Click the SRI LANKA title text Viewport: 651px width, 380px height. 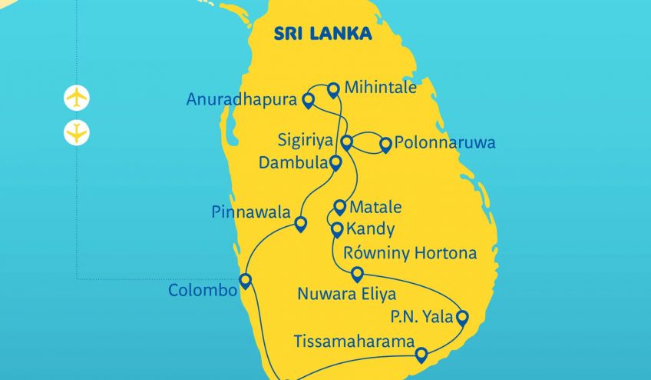tap(322, 34)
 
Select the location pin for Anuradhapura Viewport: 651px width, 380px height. tap(308, 100)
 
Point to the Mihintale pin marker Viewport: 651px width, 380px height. tap(333, 89)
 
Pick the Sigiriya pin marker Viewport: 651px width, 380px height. tap(346, 142)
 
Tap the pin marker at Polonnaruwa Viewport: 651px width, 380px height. tap(385, 144)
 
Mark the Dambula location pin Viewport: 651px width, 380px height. tap(335, 162)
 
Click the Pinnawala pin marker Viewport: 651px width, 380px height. tap(300, 224)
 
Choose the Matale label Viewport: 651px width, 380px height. tap(375, 208)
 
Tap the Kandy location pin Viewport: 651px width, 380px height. tap(336, 229)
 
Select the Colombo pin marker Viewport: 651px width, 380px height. tap(246, 280)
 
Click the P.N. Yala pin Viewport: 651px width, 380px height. tap(462, 316)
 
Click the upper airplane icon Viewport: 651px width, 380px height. tap(77, 98)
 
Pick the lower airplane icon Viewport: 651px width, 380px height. tap(77, 132)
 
